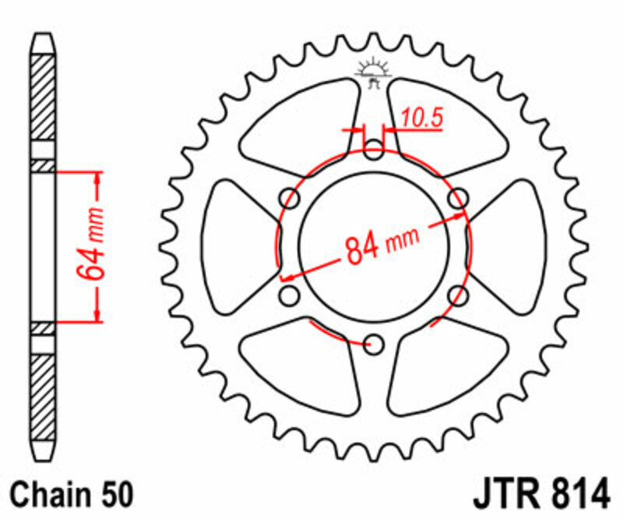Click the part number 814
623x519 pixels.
577,493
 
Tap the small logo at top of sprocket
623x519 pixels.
374,71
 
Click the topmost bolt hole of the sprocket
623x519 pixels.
375,148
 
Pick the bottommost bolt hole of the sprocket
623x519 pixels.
375,344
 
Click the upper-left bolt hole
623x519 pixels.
290,198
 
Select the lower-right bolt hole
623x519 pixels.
459,295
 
